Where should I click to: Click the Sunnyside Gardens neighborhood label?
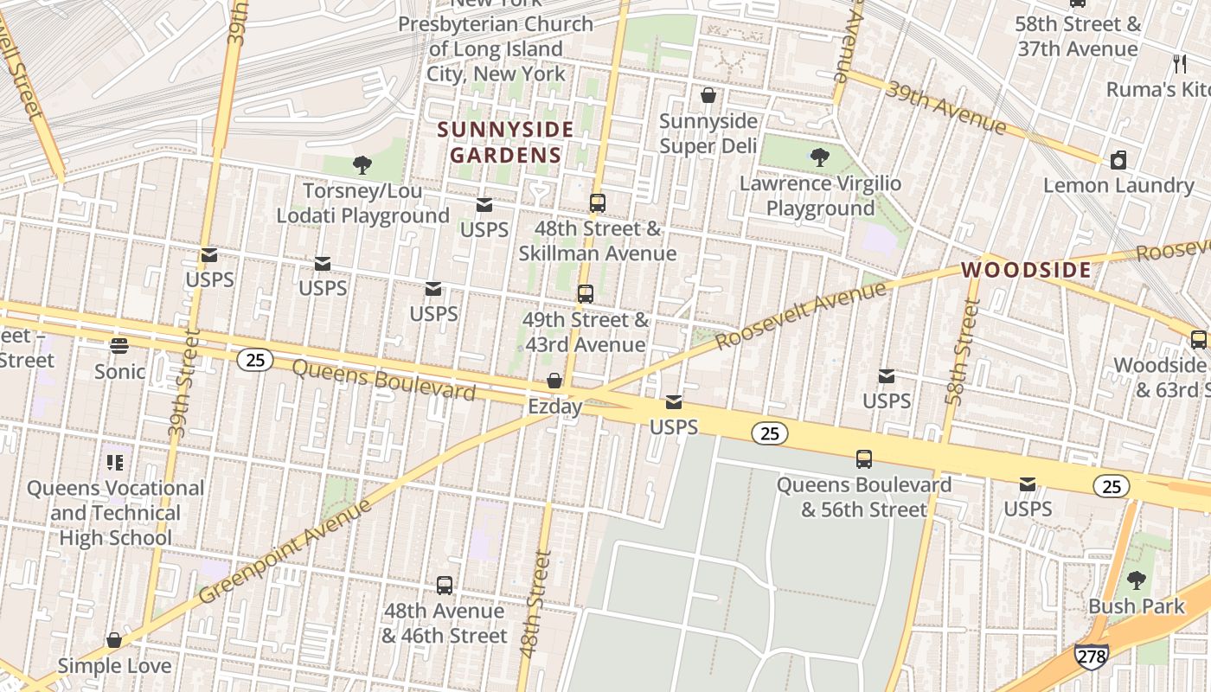tap(505, 143)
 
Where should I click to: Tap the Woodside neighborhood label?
tap(1026, 270)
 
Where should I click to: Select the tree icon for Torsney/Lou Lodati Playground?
tap(362, 164)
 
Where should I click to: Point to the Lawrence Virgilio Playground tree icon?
tap(819, 157)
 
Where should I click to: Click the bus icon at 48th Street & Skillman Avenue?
tap(597, 203)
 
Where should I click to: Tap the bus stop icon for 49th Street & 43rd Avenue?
tap(586, 294)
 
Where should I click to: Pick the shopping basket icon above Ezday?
tap(554, 381)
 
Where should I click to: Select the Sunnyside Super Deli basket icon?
tap(708, 95)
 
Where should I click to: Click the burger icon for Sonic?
tap(119, 346)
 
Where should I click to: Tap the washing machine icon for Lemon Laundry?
tap(1118, 160)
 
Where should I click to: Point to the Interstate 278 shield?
tap(1091, 657)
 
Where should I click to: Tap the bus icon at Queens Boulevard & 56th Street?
tap(863, 459)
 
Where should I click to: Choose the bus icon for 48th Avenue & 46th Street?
tap(444, 586)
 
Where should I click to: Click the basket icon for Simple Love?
tap(114, 640)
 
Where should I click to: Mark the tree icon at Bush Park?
tap(1136, 580)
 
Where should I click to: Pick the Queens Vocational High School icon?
tap(115, 463)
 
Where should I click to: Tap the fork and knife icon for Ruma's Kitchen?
tap(1179, 63)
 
